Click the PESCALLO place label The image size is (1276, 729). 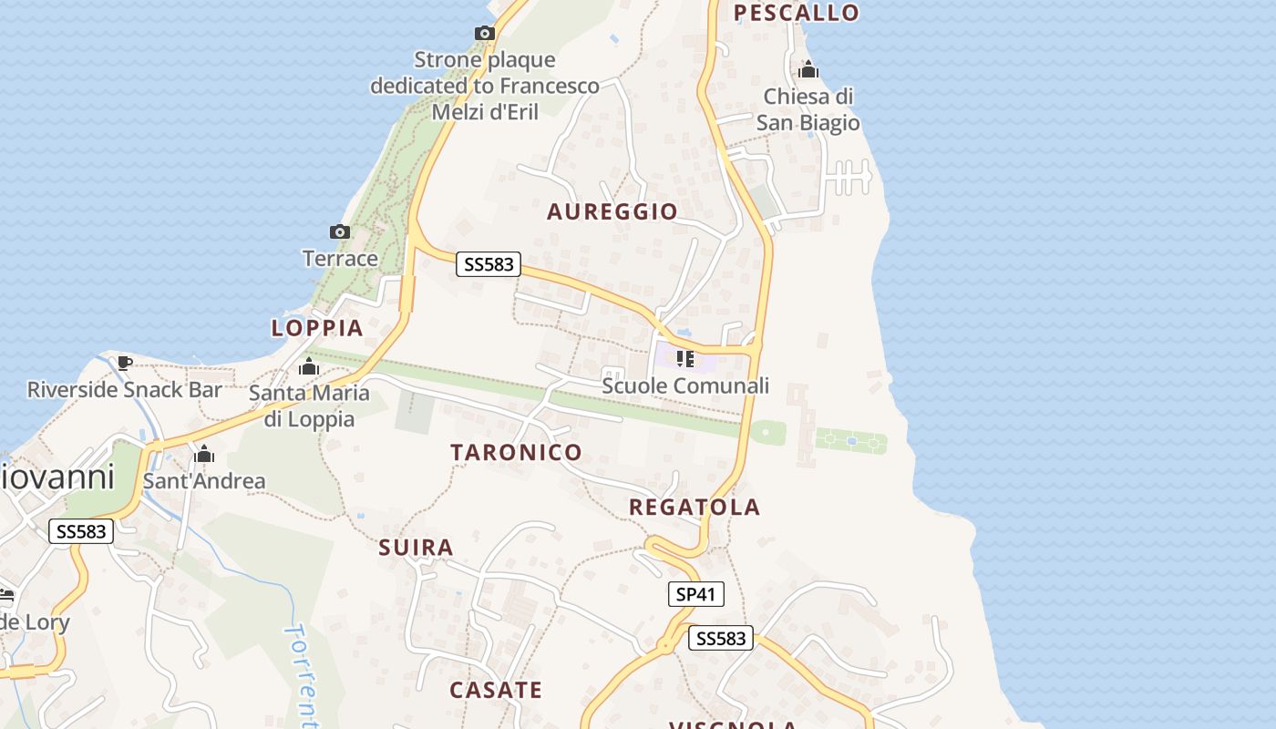tap(797, 13)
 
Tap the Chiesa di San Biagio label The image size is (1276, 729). tap(808, 109)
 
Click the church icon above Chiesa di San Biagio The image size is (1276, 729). tap(808, 70)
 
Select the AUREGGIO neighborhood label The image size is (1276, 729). tap(612, 212)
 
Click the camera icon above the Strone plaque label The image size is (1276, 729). tap(485, 34)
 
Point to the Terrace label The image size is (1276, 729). tap(340, 259)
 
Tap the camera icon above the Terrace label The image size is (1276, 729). tap(340, 232)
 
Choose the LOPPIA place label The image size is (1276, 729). tap(317, 328)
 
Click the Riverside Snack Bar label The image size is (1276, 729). tap(125, 390)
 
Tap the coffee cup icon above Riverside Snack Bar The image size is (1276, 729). tap(125, 363)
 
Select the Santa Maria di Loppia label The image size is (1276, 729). tap(309, 406)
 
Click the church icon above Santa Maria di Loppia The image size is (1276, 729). tap(309, 367)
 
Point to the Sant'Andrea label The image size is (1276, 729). tap(204, 481)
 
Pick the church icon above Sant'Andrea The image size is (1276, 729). tap(204, 454)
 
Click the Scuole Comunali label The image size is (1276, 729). tap(685, 385)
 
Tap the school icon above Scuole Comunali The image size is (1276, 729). tap(685, 359)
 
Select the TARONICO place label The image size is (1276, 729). tap(516, 453)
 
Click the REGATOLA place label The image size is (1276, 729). tap(695, 508)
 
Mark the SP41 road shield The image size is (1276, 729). tap(695, 595)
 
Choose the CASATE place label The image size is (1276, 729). tap(496, 690)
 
